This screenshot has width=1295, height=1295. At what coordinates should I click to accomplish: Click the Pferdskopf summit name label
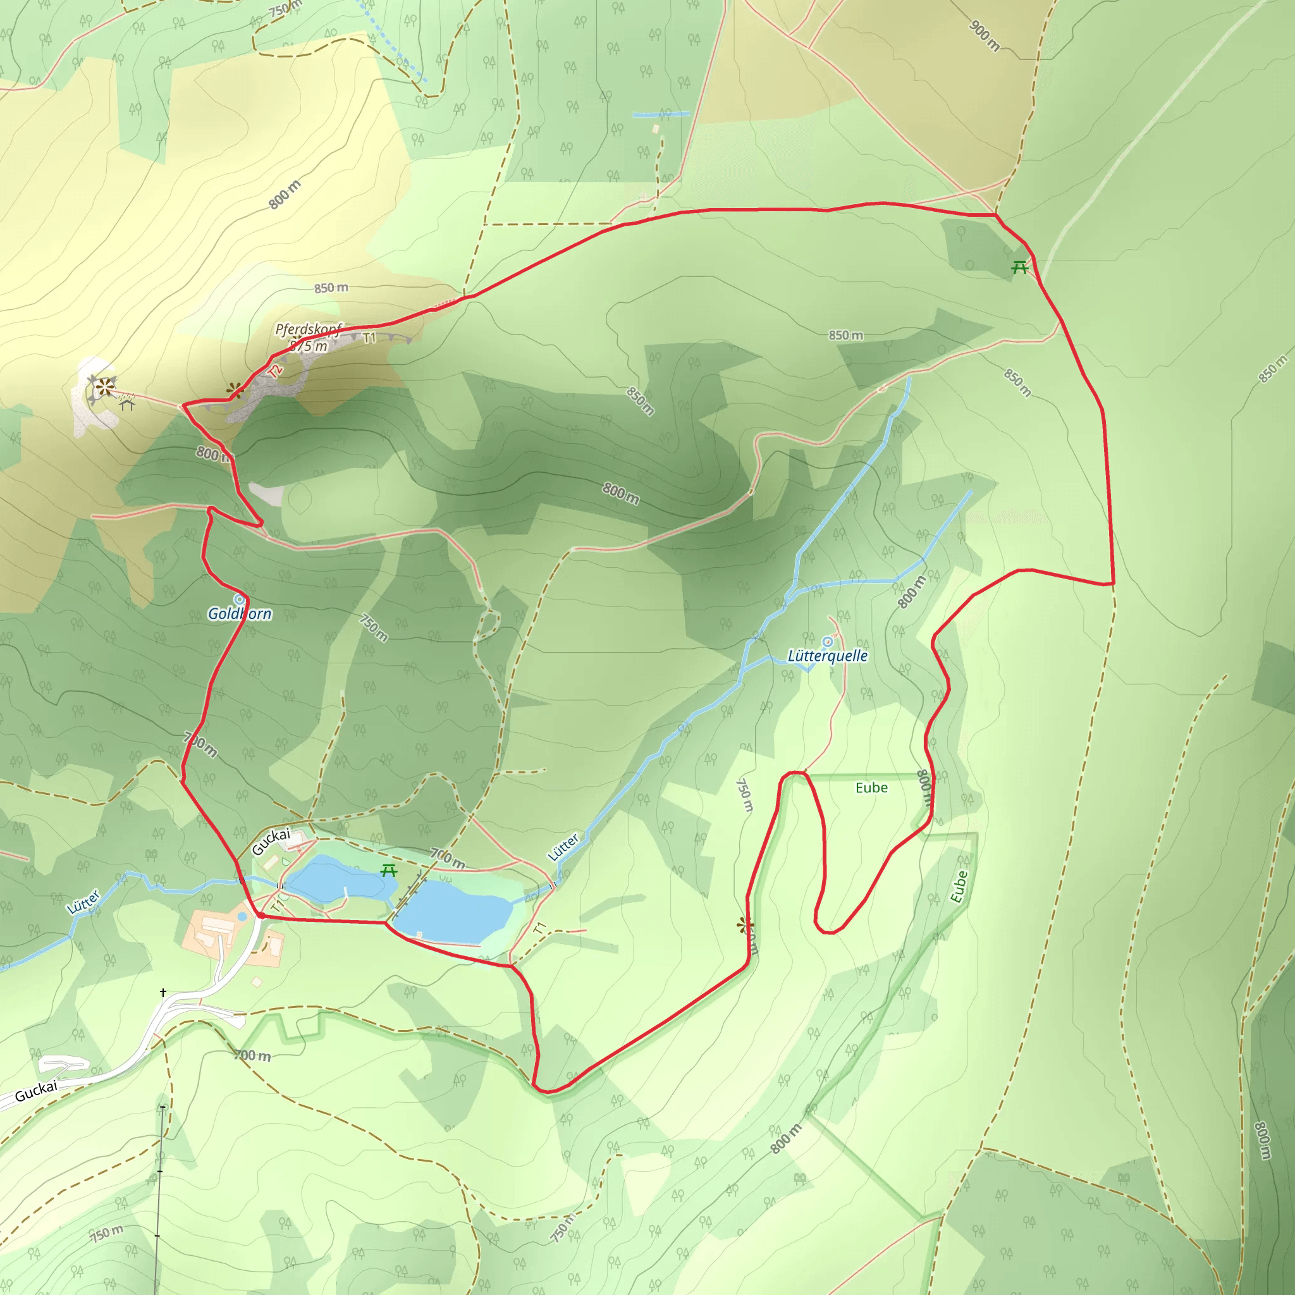(309, 329)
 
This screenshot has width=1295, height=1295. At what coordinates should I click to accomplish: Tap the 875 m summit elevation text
(310, 346)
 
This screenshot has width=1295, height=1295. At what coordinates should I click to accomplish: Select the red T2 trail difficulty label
(276, 371)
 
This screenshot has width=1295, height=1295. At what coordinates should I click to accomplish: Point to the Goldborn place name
(239, 613)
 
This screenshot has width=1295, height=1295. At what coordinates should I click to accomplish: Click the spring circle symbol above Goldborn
(238, 599)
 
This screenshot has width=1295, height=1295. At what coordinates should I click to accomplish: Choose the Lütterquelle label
(827, 656)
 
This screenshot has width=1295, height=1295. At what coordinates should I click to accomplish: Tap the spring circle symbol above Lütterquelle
(827, 641)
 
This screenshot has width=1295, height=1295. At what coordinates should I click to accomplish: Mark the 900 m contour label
(984, 35)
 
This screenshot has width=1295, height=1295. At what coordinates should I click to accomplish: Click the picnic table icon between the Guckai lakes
(389, 871)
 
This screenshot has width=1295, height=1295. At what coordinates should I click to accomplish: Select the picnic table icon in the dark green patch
(1019, 267)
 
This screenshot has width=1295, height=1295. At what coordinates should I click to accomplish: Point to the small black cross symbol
(163, 993)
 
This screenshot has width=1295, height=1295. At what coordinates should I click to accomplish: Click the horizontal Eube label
(871, 788)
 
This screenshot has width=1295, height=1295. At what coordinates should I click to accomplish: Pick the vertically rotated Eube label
(959, 887)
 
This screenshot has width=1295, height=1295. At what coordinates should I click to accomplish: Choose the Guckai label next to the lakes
(271, 842)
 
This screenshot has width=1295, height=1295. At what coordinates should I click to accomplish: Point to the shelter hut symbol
(127, 403)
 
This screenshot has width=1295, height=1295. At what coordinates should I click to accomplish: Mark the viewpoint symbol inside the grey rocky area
(103, 387)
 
